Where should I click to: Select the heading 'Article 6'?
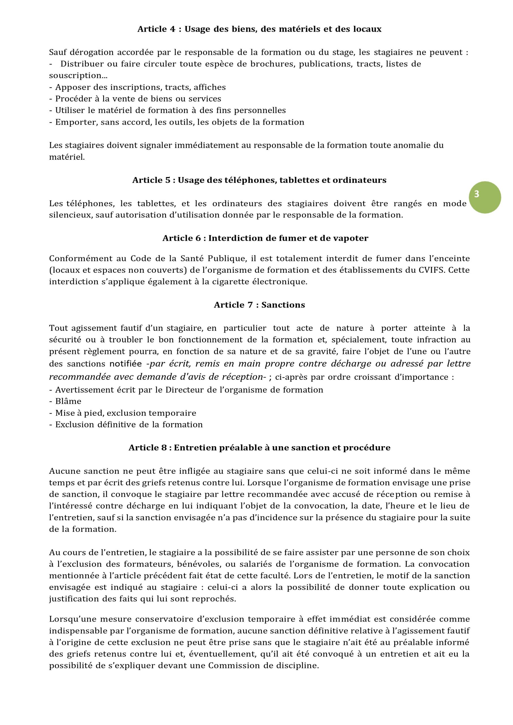[x=265, y=238]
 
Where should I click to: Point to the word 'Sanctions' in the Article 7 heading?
[x=283, y=305]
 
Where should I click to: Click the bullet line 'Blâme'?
[x=68, y=401]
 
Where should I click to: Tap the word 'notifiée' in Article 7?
[x=125, y=364]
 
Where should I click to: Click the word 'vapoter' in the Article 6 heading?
[x=351, y=238]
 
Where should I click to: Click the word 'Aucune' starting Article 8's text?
[x=64, y=471]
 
